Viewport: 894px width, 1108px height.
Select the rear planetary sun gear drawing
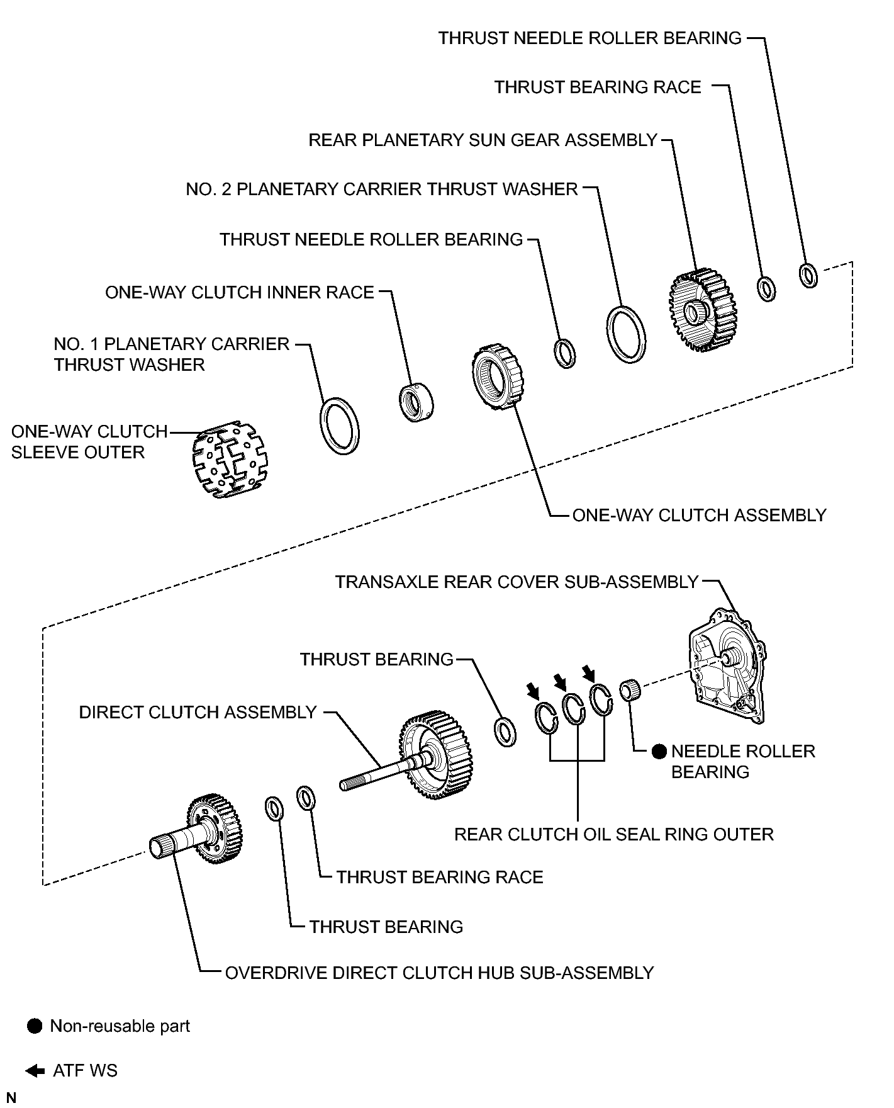[x=702, y=310]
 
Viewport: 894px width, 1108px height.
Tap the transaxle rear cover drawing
[x=727, y=667]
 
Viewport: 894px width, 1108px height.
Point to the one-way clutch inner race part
[x=417, y=402]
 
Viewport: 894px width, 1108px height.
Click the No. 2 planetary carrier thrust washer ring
[x=626, y=334]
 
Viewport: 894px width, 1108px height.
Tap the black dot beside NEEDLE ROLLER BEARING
[x=659, y=751]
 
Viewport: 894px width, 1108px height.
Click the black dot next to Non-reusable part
[x=35, y=1026]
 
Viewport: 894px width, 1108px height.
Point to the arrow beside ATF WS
[x=35, y=1071]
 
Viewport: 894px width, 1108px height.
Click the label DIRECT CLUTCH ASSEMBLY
[x=198, y=712]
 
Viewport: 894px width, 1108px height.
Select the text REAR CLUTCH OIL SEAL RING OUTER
[x=613, y=834]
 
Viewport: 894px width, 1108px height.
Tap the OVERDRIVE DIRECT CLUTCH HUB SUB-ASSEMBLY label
[x=439, y=973]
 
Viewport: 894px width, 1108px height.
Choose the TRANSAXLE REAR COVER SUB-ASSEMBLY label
[x=517, y=582]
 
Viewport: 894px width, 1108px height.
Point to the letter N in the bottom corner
[x=11, y=1098]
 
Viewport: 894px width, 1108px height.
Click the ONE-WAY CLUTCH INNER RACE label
[x=240, y=292]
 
